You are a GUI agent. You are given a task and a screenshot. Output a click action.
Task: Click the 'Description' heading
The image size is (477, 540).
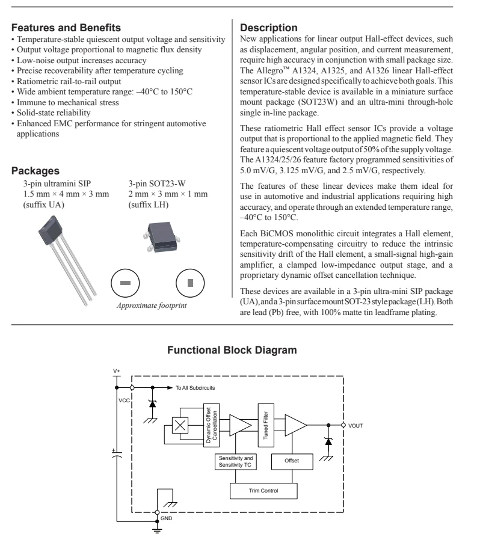click(268, 28)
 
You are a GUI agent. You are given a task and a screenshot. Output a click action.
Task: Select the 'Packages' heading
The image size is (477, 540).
click(35, 171)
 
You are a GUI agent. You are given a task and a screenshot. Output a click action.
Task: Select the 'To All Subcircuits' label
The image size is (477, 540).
click(200, 388)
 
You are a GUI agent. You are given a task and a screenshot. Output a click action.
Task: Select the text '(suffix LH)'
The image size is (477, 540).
click(149, 204)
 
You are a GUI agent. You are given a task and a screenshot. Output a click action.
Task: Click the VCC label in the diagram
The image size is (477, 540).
click(124, 400)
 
